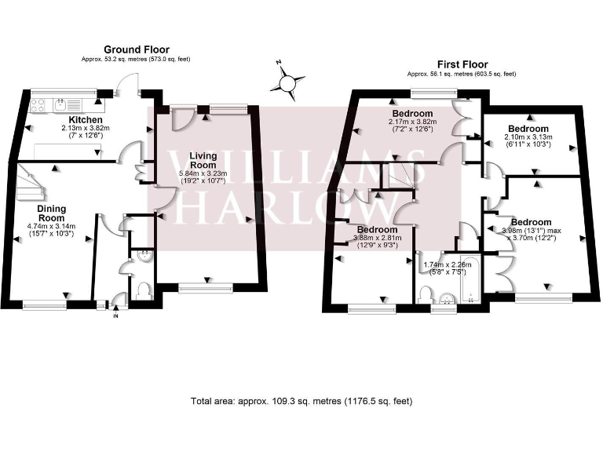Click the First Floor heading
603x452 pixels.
click(462, 64)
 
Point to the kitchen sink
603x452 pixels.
click(61, 103)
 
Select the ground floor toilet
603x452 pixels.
click(143, 291)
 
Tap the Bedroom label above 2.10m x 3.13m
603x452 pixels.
click(527, 128)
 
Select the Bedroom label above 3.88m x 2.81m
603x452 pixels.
click(366, 229)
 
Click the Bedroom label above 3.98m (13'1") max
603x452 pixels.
click(531, 222)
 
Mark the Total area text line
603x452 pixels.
click(301, 401)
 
